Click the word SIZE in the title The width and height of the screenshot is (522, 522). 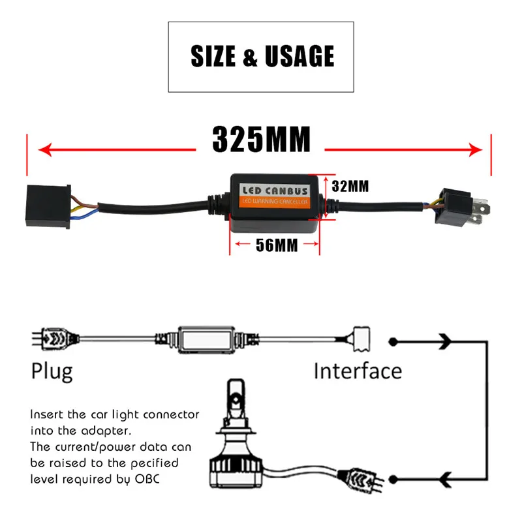213,56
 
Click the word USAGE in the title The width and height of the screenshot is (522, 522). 299,56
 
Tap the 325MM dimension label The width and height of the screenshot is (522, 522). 262,139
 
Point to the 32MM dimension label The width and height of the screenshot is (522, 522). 350,187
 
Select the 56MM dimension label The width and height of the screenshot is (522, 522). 277,245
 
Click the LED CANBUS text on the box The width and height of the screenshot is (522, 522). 275,191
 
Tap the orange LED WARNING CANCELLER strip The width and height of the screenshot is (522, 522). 275,202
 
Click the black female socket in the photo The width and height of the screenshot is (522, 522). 48,206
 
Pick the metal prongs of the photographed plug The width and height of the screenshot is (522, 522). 480,210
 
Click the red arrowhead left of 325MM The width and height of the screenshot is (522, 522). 45,150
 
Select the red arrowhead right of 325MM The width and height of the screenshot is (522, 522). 476,150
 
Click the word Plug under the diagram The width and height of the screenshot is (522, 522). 52,372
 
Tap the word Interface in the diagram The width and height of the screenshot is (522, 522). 358,371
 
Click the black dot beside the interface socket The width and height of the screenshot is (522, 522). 393,342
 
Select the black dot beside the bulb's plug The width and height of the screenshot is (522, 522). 393,480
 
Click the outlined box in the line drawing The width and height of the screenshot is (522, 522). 206,339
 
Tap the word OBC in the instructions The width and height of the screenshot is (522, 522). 147,479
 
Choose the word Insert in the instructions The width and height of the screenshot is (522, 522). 46,414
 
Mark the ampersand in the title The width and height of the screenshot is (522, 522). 250,57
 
